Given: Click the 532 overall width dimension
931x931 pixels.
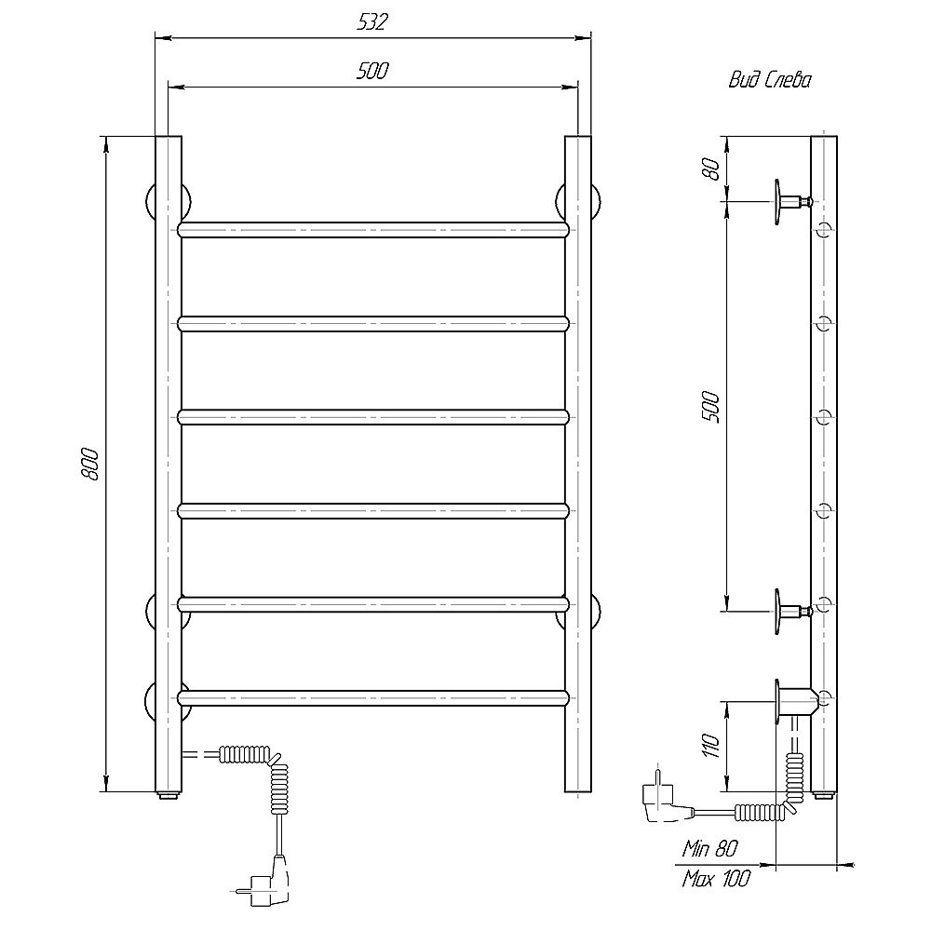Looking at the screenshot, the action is point(372,22).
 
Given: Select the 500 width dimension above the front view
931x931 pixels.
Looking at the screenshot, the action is point(372,71).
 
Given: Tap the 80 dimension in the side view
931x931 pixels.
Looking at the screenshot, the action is point(710,169).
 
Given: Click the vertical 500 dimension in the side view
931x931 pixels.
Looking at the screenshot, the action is point(710,408).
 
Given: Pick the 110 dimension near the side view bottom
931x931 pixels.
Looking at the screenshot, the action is point(710,746).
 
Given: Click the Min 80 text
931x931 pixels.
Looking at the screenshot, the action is point(709,849).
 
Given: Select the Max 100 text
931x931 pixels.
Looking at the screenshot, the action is point(716,878).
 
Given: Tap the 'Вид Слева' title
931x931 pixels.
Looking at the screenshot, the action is point(770,80).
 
